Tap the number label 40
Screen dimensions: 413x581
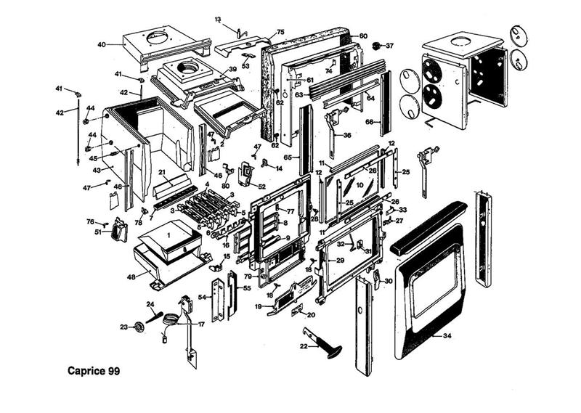102,44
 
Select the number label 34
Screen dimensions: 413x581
447,336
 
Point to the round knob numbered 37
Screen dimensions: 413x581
377,46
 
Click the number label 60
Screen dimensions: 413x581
363,36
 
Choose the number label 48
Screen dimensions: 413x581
131,277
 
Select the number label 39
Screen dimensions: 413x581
233,69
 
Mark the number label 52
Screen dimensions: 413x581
261,187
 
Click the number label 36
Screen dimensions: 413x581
347,135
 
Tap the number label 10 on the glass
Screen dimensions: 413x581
359,175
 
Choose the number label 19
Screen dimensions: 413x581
258,307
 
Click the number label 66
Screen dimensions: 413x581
369,121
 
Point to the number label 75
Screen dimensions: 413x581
280,32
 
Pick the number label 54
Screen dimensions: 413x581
203,298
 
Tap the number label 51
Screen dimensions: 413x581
98,232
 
